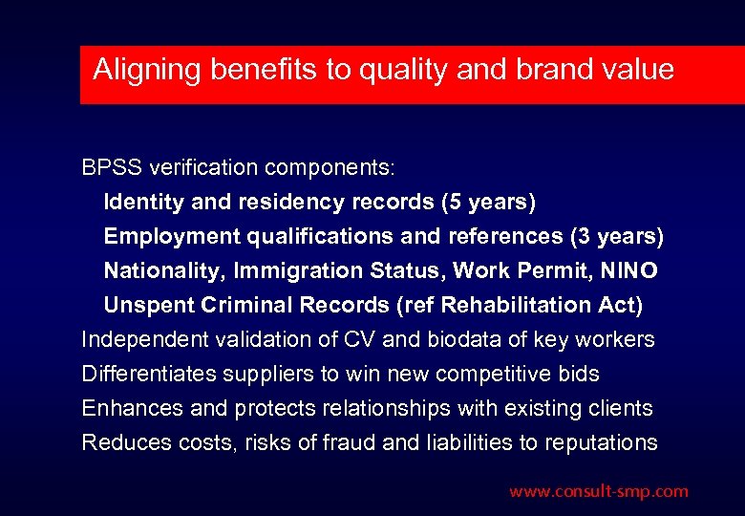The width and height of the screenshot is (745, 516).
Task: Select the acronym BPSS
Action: point(110,168)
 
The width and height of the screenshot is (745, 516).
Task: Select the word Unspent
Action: point(147,306)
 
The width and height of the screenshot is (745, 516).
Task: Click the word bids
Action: point(580,375)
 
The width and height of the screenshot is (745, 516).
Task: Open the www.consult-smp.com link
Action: point(598,492)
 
